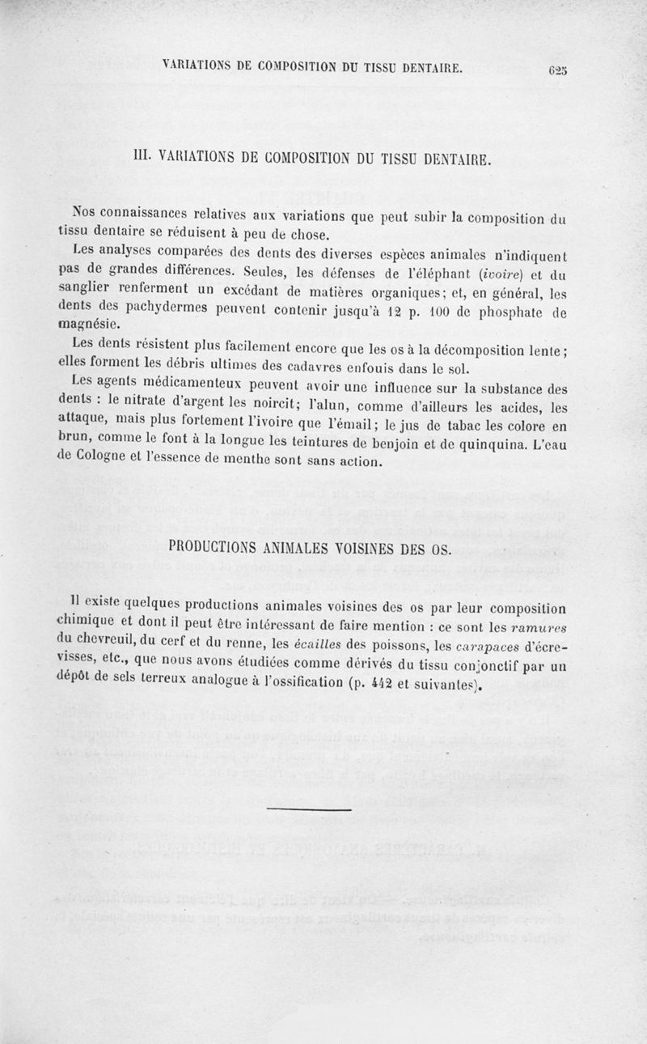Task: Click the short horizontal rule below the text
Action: [x=308, y=808]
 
